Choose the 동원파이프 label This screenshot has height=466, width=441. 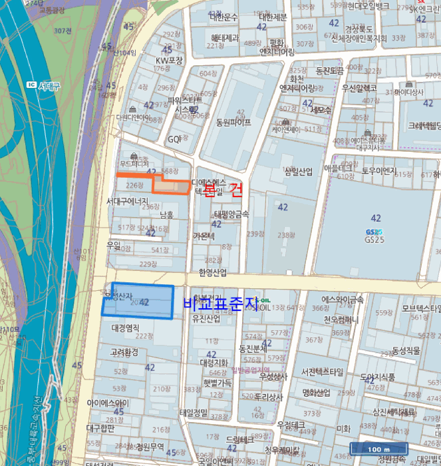(233, 122)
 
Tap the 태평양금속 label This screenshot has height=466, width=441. (231, 214)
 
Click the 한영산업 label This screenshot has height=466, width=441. (212, 273)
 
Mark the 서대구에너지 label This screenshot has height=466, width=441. (127, 200)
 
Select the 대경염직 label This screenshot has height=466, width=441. (125, 328)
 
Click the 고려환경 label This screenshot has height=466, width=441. (124, 351)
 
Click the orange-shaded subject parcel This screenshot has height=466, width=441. (172, 187)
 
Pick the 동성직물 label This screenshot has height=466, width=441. (406, 350)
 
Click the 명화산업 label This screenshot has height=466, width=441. (316, 393)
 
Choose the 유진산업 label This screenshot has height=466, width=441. (206, 319)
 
